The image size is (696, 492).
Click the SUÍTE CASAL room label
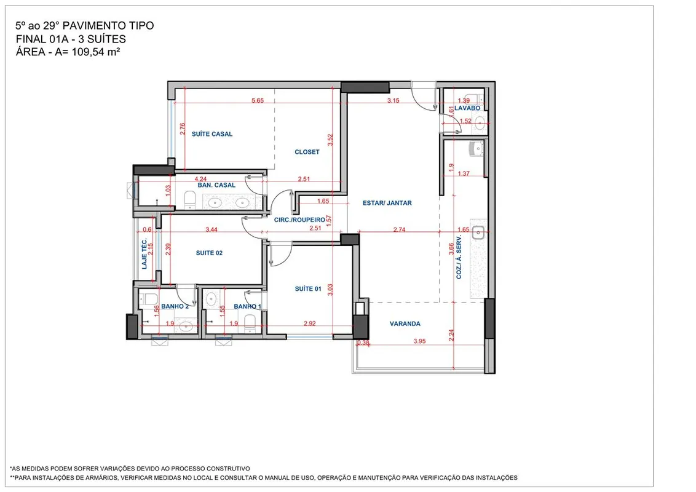point(212,133)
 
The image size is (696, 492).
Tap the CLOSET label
point(307,152)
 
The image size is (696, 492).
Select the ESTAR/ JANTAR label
point(387,203)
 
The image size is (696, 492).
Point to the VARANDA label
point(405,323)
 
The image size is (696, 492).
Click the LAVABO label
point(467,108)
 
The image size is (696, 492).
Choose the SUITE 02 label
point(209,253)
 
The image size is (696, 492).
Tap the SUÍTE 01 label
point(308,288)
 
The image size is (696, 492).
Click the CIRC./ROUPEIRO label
point(299,220)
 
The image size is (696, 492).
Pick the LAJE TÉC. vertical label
point(144,253)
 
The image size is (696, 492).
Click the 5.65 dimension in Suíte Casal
point(258,100)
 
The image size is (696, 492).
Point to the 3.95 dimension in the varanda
point(419,341)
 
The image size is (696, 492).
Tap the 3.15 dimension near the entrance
point(393,100)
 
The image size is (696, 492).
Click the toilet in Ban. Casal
point(190,199)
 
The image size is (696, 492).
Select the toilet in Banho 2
point(150,299)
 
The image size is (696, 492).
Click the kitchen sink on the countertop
point(478,232)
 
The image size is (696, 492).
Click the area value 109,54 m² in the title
point(96,52)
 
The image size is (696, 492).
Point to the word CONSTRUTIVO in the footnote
point(227,469)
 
